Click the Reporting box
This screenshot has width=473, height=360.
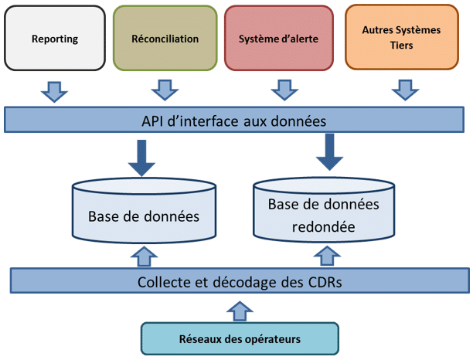pos(55,38)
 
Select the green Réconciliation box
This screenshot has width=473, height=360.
pos(165,38)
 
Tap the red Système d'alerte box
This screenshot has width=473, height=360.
pos(278,38)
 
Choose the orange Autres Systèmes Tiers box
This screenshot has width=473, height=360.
pos(401,39)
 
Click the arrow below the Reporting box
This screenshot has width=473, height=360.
pos(53,91)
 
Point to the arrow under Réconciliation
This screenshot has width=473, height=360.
pos(165,91)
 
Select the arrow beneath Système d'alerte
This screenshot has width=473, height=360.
pos(283,91)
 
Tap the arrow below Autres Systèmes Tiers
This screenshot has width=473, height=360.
pos(402,91)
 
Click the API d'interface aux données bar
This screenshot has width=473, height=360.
pos(238,121)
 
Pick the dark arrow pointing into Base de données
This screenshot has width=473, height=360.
pos(141,158)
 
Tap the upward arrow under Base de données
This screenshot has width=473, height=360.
pos(142,255)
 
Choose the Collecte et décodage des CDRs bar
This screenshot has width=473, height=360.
pos(239,282)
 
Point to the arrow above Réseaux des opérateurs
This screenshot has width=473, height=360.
pos(239,310)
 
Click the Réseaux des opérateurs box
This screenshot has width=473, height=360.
pos(240,338)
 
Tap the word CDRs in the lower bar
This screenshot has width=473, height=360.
pos(324,282)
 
